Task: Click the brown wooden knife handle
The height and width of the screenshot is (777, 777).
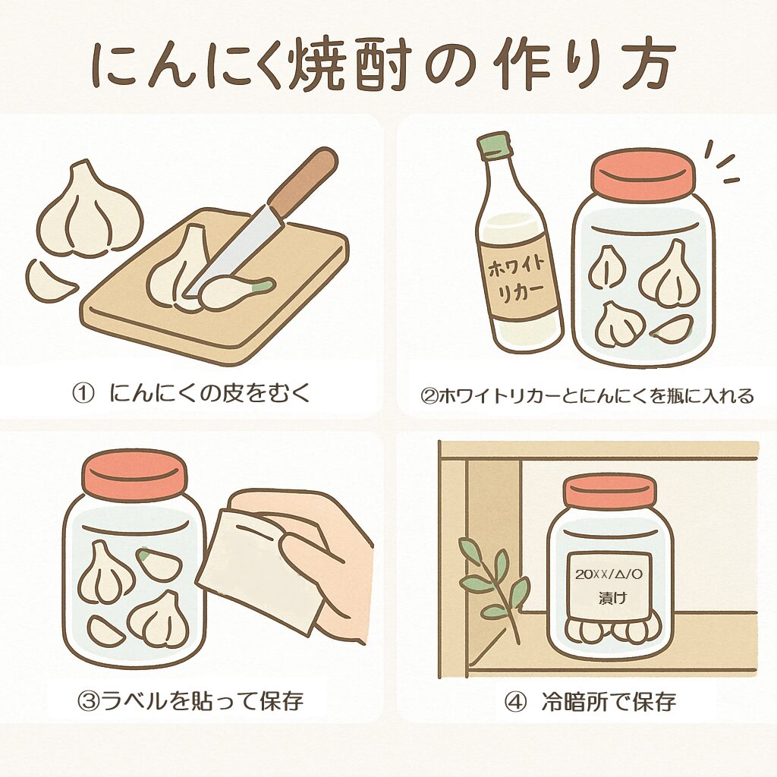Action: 303,182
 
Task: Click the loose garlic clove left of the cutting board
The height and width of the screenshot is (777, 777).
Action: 49,280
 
